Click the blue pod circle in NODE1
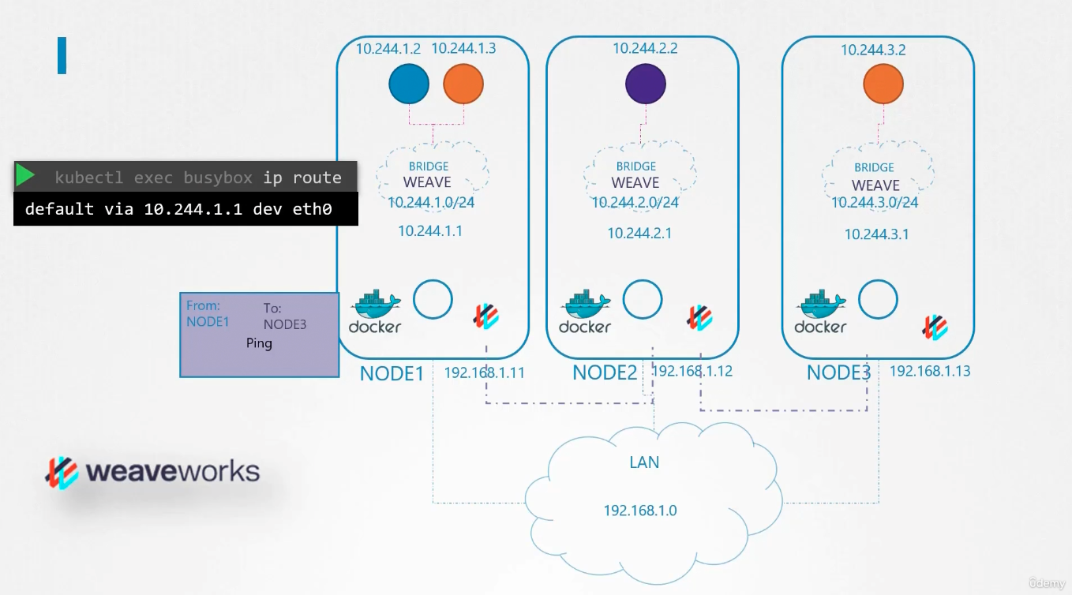[x=409, y=84]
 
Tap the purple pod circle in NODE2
[x=645, y=84]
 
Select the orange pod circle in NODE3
[x=883, y=84]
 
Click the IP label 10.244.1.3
[x=463, y=48]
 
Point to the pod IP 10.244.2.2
[x=645, y=48]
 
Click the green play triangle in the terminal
[x=25, y=174]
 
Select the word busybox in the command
[x=218, y=178]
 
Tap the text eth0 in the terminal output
[x=312, y=209]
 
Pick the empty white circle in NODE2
[x=643, y=299]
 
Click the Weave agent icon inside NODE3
[x=934, y=327]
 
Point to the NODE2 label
[x=605, y=372]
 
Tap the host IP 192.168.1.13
[x=929, y=371]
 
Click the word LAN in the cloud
[x=644, y=462]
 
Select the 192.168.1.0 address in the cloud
[x=640, y=511]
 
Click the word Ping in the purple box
[x=259, y=343]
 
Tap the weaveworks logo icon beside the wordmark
[x=62, y=473]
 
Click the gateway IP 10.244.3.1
[x=876, y=234]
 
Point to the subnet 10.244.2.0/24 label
[x=635, y=203]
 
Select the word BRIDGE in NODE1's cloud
[x=429, y=167]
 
